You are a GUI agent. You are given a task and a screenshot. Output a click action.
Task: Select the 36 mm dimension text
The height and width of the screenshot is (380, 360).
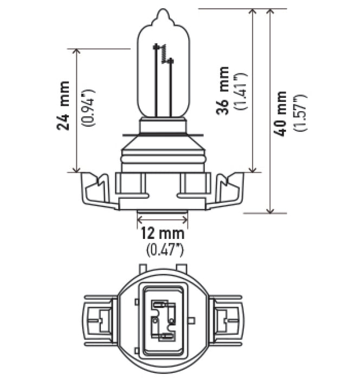pyautogui.click(x=222, y=91)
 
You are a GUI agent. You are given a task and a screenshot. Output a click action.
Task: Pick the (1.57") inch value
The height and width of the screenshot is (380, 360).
pyautogui.click(x=300, y=112)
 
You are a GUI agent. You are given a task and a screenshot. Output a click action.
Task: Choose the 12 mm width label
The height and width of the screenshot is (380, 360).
pyautogui.click(x=162, y=234)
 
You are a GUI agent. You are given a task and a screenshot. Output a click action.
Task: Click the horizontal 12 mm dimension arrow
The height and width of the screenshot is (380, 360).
pyautogui.click(x=163, y=220)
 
